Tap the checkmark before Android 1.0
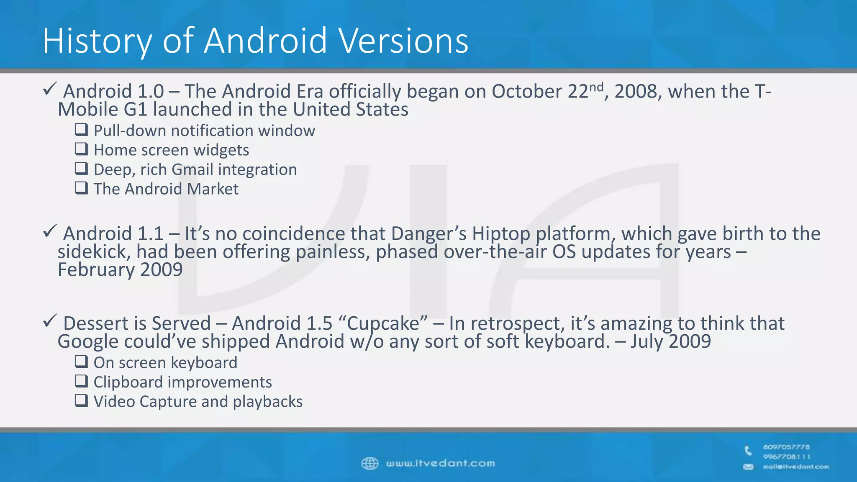[x=50, y=89]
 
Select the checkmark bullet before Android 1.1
[x=50, y=231]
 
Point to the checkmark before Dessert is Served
[x=50, y=321]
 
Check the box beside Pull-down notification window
[x=81, y=129]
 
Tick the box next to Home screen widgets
[x=81, y=149]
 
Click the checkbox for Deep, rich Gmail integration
[x=81, y=168]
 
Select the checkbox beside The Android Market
[x=81, y=187]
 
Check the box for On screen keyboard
[x=81, y=361]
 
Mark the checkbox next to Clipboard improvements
[x=81, y=381]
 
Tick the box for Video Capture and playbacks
[x=81, y=400]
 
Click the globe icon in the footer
[x=370, y=464]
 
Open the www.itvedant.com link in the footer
[x=440, y=464]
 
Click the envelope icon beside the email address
[x=748, y=467]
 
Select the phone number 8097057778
[x=786, y=447]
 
